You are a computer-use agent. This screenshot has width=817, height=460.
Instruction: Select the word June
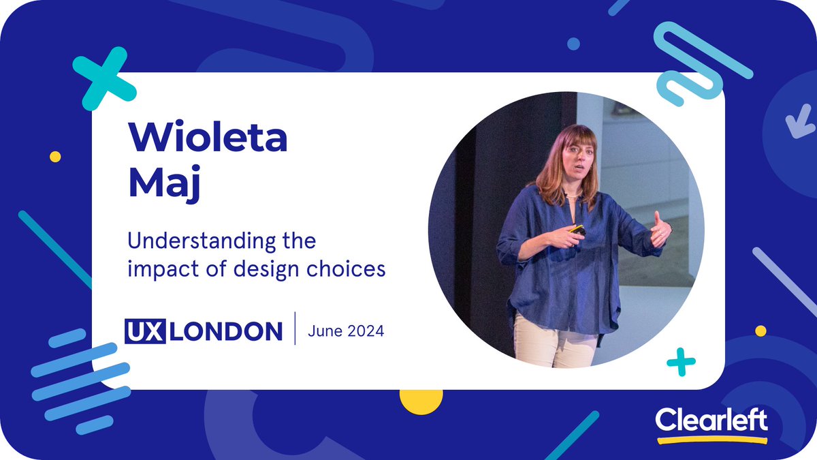tap(323, 332)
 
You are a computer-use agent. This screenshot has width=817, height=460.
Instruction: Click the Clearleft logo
tap(711, 420)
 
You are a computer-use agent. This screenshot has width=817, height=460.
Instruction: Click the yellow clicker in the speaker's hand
tap(577, 230)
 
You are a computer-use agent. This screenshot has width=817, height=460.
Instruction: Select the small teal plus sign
tap(681, 362)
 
